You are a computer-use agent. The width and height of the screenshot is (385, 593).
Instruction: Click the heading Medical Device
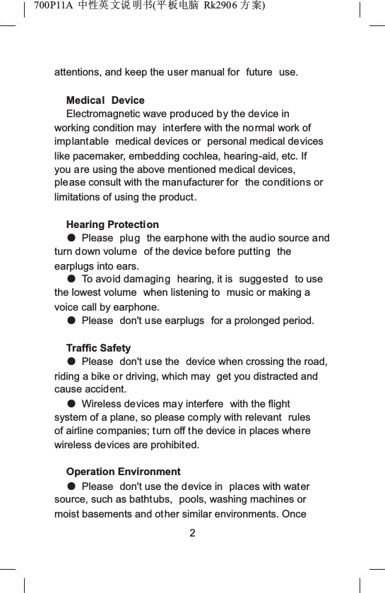(105, 100)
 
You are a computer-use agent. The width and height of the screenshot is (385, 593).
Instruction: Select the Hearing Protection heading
(112, 224)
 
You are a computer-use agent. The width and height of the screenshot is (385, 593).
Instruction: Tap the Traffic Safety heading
(98, 348)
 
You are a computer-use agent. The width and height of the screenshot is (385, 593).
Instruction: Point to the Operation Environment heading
(123, 472)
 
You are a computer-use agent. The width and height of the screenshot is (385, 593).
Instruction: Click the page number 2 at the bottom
(192, 532)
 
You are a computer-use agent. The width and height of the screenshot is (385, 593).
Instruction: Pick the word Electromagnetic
(106, 114)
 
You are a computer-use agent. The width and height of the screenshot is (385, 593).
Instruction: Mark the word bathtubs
(152, 500)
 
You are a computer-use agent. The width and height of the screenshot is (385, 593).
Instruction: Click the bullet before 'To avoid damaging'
(71, 280)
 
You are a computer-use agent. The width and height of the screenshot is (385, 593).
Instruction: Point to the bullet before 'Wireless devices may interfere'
(71, 404)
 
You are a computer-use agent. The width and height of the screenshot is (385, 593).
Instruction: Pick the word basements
(112, 513)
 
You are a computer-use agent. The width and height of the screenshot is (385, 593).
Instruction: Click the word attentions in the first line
(78, 73)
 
